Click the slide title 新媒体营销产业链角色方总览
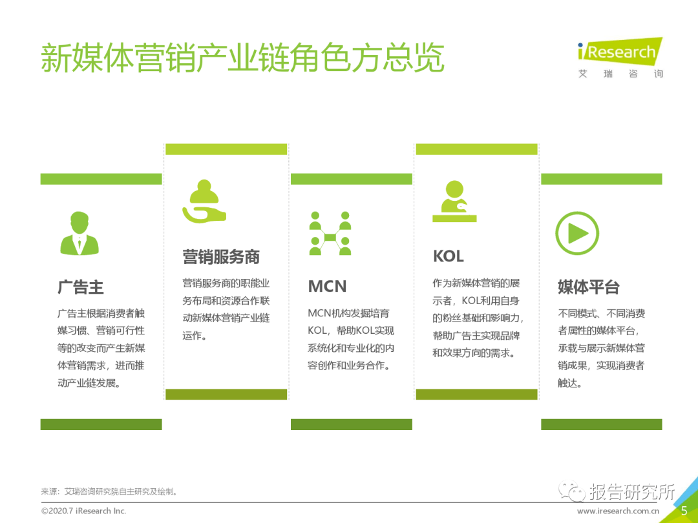(x=242, y=58)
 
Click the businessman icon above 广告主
(x=79, y=232)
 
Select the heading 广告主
(x=81, y=287)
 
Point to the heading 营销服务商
(x=221, y=257)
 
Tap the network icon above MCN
(x=330, y=232)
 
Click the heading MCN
(x=327, y=287)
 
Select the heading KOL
(x=449, y=256)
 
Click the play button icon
(x=577, y=232)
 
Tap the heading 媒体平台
(x=589, y=287)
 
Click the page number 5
(x=684, y=511)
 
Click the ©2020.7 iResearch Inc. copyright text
(x=84, y=511)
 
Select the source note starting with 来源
(x=110, y=492)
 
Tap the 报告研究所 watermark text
(x=631, y=492)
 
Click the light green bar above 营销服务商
(x=226, y=149)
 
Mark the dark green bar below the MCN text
(x=351, y=424)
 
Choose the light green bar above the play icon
(x=601, y=179)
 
